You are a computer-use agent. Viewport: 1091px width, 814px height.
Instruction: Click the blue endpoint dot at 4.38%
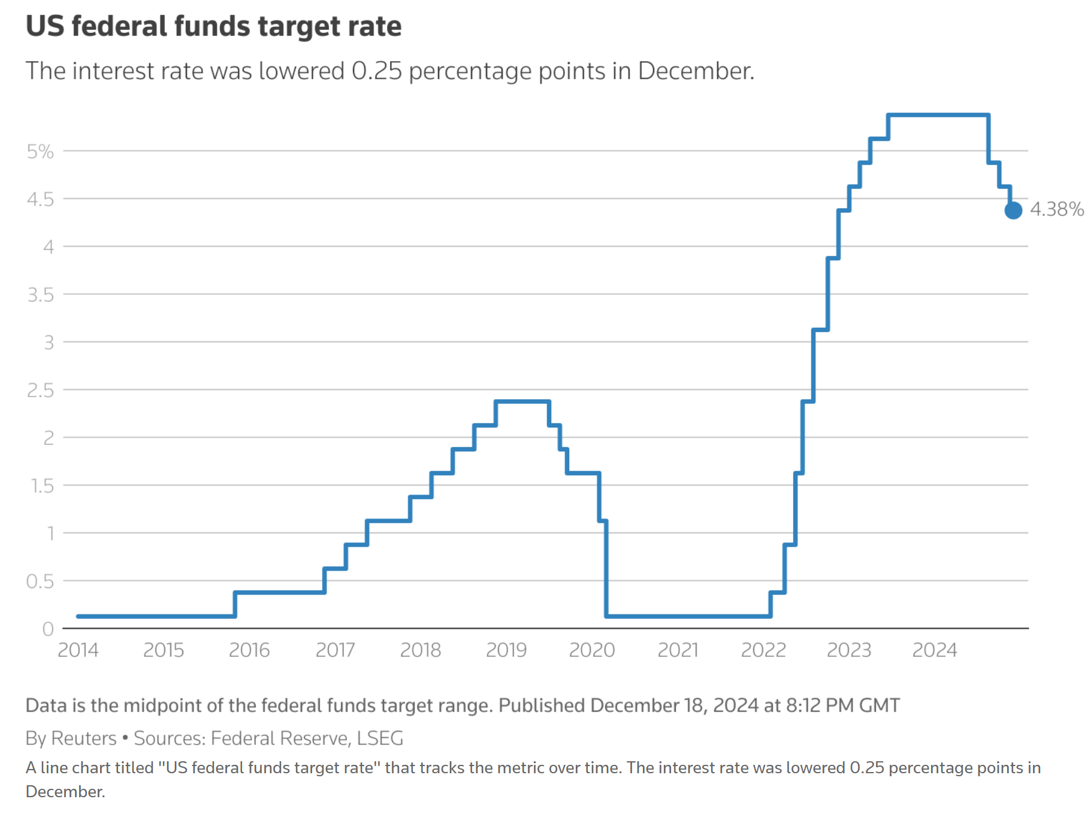tap(1013, 210)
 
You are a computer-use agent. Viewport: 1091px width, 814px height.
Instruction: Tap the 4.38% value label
tap(1057, 209)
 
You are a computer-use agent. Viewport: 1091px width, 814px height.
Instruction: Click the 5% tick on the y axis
tap(40, 152)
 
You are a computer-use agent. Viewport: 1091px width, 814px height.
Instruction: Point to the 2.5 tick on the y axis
tap(40, 390)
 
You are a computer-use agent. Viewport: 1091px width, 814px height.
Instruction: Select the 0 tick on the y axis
tap(48, 629)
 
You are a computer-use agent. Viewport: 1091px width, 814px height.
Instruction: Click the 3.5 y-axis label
tap(40, 295)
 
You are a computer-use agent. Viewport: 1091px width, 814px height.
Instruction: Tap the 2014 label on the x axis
tap(78, 650)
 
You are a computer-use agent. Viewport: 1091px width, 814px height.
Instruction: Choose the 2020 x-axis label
tap(592, 650)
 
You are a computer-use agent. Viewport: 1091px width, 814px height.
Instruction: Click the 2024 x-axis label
tap(935, 650)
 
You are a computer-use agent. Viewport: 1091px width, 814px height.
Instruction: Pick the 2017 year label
tap(335, 650)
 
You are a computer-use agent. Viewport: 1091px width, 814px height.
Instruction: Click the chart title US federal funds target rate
tap(213, 26)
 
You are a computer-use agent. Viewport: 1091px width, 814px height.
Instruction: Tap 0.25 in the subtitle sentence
tap(376, 71)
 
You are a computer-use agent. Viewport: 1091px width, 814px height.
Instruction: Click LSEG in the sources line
tap(380, 738)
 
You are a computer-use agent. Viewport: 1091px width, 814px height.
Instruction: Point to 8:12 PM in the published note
tap(820, 705)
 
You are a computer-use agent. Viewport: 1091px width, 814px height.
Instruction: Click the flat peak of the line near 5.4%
tap(938, 114)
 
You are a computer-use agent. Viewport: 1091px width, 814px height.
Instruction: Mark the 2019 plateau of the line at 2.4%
tap(522, 402)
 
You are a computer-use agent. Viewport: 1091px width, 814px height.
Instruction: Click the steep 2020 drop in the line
tap(606, 569)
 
